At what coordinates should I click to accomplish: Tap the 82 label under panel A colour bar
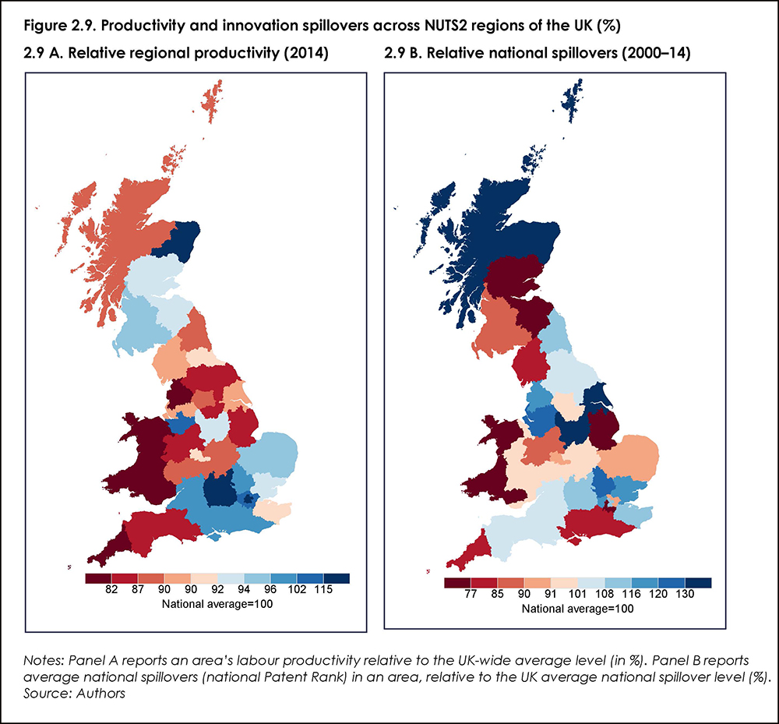click(x=111, y=590)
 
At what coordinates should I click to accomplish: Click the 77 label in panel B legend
click(x=471, y=595)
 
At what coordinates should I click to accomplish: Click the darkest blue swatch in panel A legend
click(x=337, y=578)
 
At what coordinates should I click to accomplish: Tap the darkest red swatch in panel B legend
click(x=456, y=583)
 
